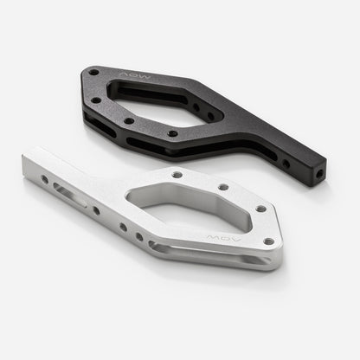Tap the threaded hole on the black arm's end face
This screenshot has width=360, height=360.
tap(319, 172)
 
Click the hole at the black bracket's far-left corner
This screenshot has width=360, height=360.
tap(93, 73)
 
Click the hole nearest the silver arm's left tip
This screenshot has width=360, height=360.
tap(45, 179)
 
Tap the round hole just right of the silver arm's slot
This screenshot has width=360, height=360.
tap(95, 210)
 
